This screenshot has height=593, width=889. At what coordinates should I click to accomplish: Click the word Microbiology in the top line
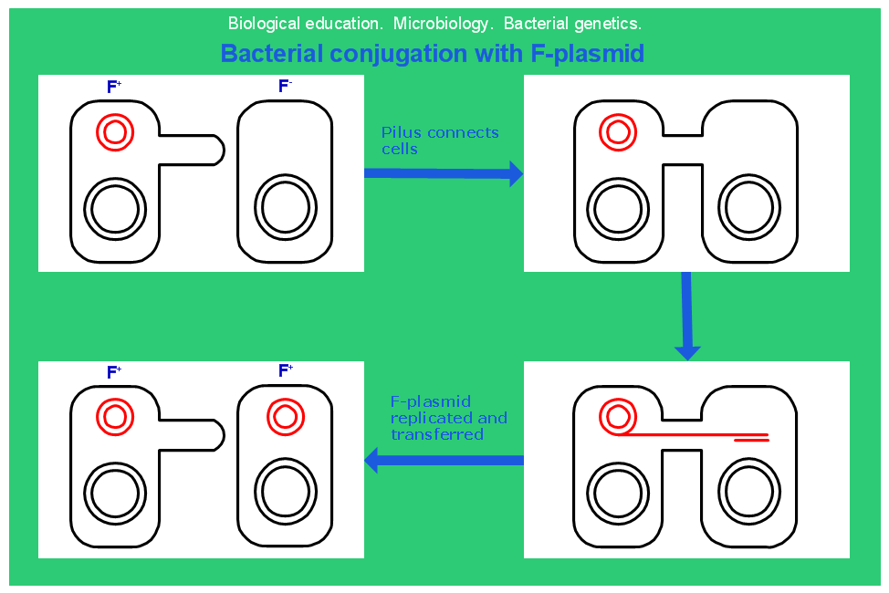tap(432, 23)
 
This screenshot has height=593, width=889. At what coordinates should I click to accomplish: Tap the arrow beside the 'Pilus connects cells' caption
tap(444, 172)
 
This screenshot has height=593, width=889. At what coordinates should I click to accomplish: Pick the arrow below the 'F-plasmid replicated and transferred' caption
tap(444, 460)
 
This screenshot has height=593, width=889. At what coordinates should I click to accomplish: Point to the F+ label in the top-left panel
tap(114, 87)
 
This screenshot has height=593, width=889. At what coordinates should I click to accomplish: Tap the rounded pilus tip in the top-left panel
tap(217, 150)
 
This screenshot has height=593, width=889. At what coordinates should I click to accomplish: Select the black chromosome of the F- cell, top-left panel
tap(285, 208)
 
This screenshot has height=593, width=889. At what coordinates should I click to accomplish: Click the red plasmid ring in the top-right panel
tap(617, 132)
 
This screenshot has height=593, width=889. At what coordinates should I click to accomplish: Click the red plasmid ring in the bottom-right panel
tap(617, 418)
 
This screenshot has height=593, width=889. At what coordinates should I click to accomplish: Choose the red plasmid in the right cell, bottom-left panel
tap(285, 417)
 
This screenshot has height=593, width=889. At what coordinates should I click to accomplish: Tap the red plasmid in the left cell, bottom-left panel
tap(115, 417)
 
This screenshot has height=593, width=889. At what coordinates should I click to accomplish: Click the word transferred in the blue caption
tap(437, 435)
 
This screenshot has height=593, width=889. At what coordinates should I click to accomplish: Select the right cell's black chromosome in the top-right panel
tap(750, 209)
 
